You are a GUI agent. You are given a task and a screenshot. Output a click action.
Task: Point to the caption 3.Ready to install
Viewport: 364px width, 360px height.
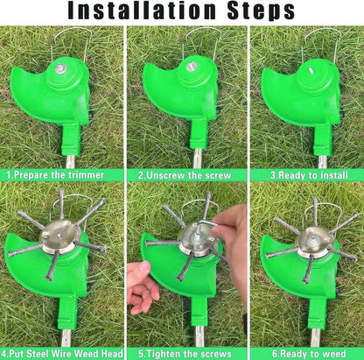(x=303, y=174)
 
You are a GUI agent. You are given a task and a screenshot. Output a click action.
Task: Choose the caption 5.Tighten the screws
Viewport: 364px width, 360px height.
(x=183, y=353)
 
